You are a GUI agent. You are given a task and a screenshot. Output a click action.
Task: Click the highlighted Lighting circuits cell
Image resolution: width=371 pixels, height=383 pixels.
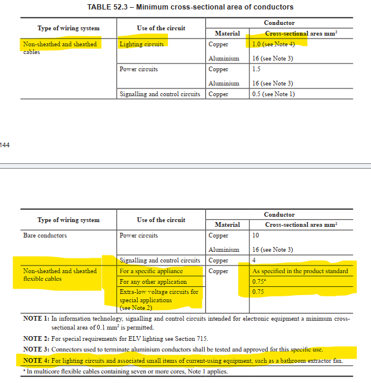141,45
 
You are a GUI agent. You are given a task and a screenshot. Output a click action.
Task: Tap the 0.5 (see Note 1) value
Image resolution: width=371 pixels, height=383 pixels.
273,94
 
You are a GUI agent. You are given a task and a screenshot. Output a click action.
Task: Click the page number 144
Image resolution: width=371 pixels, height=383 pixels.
5,144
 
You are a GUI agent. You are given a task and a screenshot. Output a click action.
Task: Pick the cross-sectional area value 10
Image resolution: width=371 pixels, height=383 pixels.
256,236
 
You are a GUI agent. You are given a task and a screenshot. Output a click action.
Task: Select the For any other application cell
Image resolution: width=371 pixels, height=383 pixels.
153,282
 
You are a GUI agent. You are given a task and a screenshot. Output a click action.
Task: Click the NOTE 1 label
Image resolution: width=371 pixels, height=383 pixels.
36,319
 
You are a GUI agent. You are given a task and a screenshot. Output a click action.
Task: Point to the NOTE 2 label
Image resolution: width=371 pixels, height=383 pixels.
36,338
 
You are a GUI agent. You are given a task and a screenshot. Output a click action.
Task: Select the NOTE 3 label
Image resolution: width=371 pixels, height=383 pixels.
36,349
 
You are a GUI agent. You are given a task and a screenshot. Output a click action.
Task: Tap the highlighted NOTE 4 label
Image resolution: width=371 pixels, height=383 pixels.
36,360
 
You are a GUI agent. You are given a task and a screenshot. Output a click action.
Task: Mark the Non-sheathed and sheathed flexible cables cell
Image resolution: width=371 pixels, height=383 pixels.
59,275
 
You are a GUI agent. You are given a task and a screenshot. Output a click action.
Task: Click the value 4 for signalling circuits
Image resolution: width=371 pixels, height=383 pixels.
254,261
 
